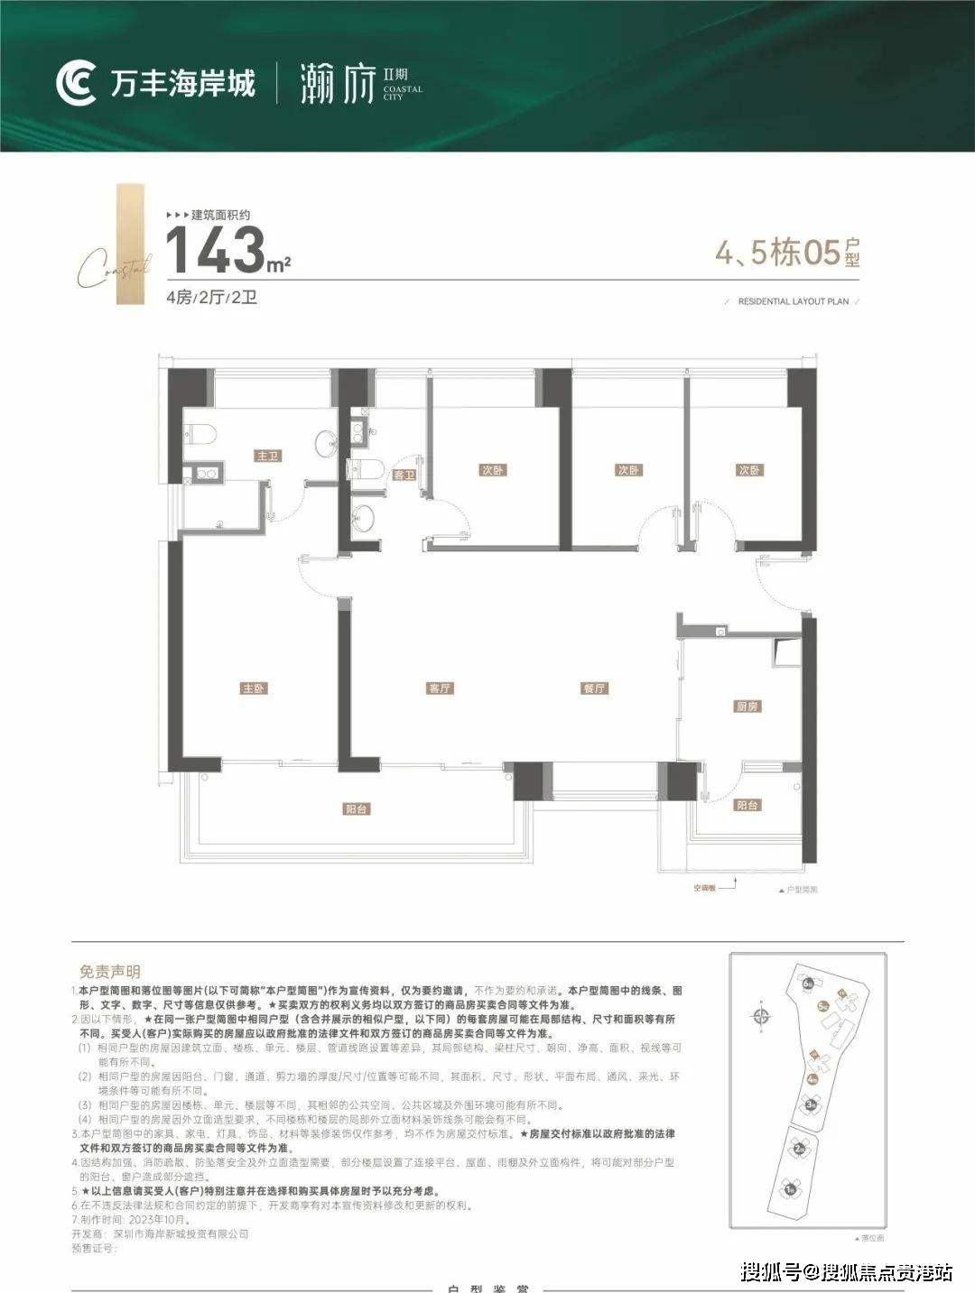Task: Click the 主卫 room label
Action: click(x=268, y=457)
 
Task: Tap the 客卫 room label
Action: click(x=403, y=475)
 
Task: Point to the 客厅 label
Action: click(x=440, y=688)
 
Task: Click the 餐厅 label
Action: click(x=594, y=688)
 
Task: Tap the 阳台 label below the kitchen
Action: click(x=747, y=805)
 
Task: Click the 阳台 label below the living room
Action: click(x=357, y=809)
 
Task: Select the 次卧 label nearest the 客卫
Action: click(x=492, y=470)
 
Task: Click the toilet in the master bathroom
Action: click(x=200, y=434)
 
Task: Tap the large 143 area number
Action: click(x=215, y=250)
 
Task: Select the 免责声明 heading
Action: click(x=110, y=972)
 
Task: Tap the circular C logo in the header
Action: click(x=76, y=84)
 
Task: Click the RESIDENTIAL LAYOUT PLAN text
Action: click(x=793, y=301)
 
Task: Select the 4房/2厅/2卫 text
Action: click(x=211, y=298)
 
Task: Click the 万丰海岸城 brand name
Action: click(x=183, y=84)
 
